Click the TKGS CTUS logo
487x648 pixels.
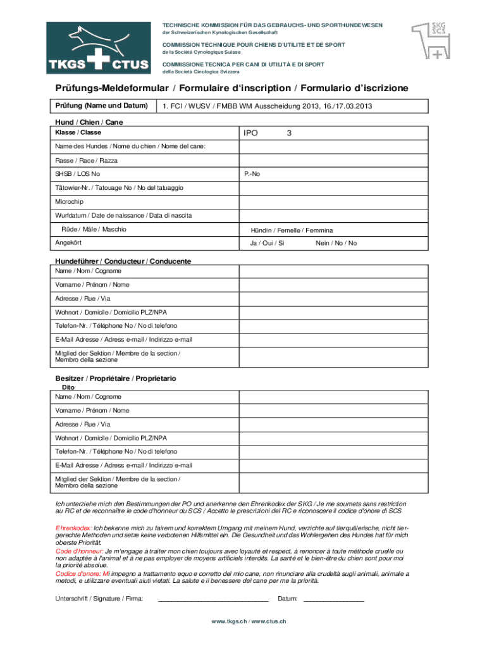[x=98, y=48]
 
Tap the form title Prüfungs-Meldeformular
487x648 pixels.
[x=111, y=87]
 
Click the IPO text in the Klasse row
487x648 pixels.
[x=250, y=134]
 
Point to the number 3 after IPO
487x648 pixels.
[x=289, y=134]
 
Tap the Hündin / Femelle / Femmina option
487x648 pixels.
[x=292, y=230]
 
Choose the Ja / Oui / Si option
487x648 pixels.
[x=267, y=243]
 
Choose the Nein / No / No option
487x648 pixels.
[x=336, y=243]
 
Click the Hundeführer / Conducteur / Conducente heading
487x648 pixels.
[x=123, y=261]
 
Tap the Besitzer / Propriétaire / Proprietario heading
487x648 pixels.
[x=116, y=378]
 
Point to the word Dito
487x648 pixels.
[x=68, y=387]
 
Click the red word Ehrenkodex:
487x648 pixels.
[x=74, y=527]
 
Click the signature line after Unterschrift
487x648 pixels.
[x=213, y=599]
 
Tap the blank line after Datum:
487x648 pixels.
[x=334, y=599]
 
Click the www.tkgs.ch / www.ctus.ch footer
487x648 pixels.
[x=249, y=621]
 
